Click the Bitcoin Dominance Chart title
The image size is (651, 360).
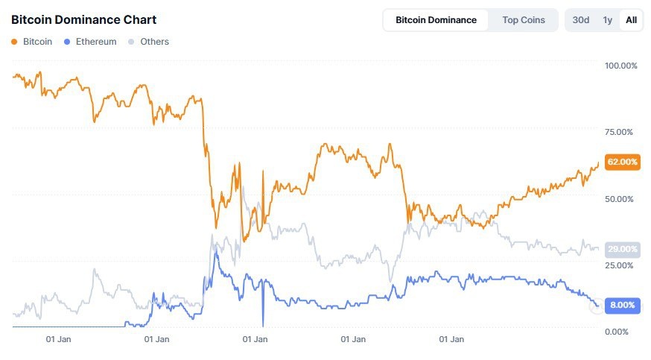click(x=83, y=19)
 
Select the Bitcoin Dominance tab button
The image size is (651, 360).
click(x=436, y=20)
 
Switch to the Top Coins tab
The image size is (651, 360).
click(x=523, y=20)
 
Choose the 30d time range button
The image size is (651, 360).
click(x=580, y=20)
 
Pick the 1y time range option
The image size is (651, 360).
click(x=608, y=20)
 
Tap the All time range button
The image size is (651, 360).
click(x=631, y=20)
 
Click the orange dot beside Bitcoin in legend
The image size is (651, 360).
click(x=15, y=42)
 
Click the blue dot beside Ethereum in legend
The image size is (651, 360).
click(x=68, y=42)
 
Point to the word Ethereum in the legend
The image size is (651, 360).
click(x=96, y=42)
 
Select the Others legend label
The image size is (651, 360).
click(x=154, y=42)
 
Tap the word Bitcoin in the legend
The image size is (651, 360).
click(x=38, y=42)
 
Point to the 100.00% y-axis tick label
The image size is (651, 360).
click(x=620, y=66)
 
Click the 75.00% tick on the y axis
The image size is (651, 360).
click(x=620, y=132)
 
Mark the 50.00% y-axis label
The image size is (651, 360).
click(x=620, y=199)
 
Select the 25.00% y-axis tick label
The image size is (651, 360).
click(x=620, y=265)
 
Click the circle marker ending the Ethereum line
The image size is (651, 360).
click(x=596, y=306)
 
